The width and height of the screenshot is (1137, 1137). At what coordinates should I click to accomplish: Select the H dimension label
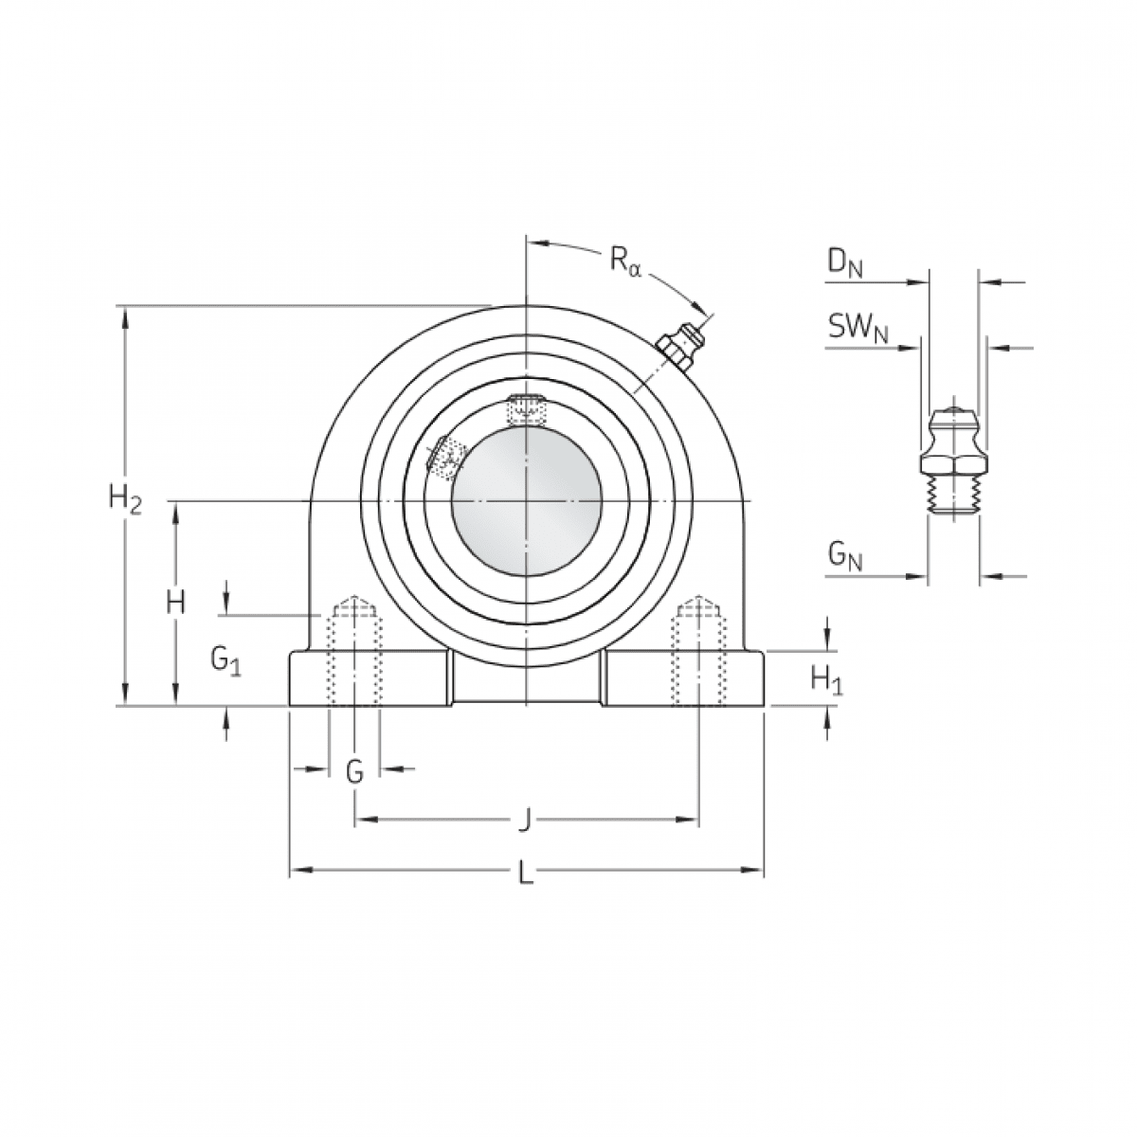click(174, 603)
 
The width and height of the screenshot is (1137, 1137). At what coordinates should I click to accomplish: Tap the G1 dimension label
click(226, 659)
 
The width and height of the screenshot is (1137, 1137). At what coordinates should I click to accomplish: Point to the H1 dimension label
click(826, 678)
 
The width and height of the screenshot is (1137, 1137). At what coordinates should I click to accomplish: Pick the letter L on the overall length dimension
click(526, 871)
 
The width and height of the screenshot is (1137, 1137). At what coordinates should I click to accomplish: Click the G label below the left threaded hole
click(354, 772)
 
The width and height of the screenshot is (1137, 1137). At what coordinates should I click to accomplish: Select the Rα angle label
click(625, 259)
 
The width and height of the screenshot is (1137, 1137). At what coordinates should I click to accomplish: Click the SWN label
click(858, 329)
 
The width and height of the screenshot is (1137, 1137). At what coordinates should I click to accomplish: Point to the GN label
click(845, 557)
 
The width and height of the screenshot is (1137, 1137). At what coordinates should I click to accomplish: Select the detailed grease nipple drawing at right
click(952, 462)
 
